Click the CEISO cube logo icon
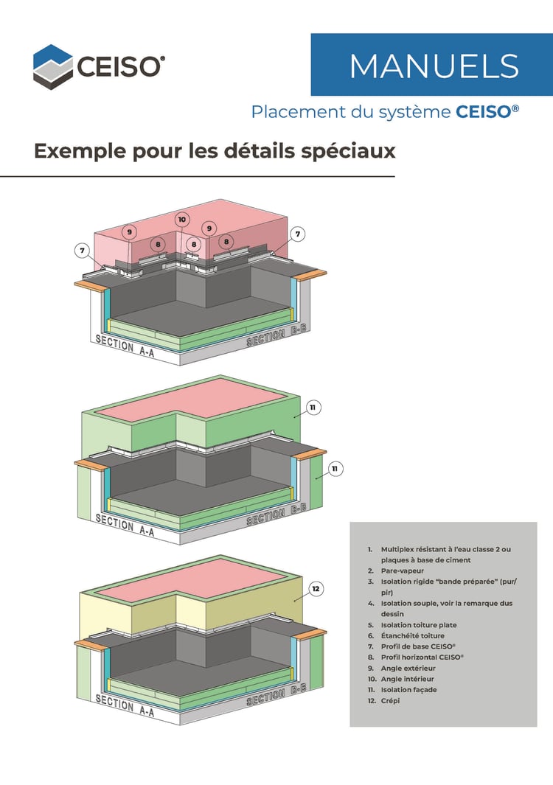[x=52, y=65]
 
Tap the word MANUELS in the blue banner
[x=434, y=66]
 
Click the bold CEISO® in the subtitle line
[x=487, y=112]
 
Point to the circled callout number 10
[x=182, y=219]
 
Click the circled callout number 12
[x=316, y=589]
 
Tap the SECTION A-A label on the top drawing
[x=124, y=344]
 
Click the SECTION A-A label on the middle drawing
[x=124, y=525]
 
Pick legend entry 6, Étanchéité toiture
[x=412, y=635]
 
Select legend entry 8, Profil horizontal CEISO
[x=422, y=657]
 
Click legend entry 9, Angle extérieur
[x=408, y=668]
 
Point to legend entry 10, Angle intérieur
[x=407, y=679]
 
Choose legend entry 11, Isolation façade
[x=408, y=690]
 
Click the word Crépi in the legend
[x=390, y=701]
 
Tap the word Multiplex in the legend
[x=398, y=549]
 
